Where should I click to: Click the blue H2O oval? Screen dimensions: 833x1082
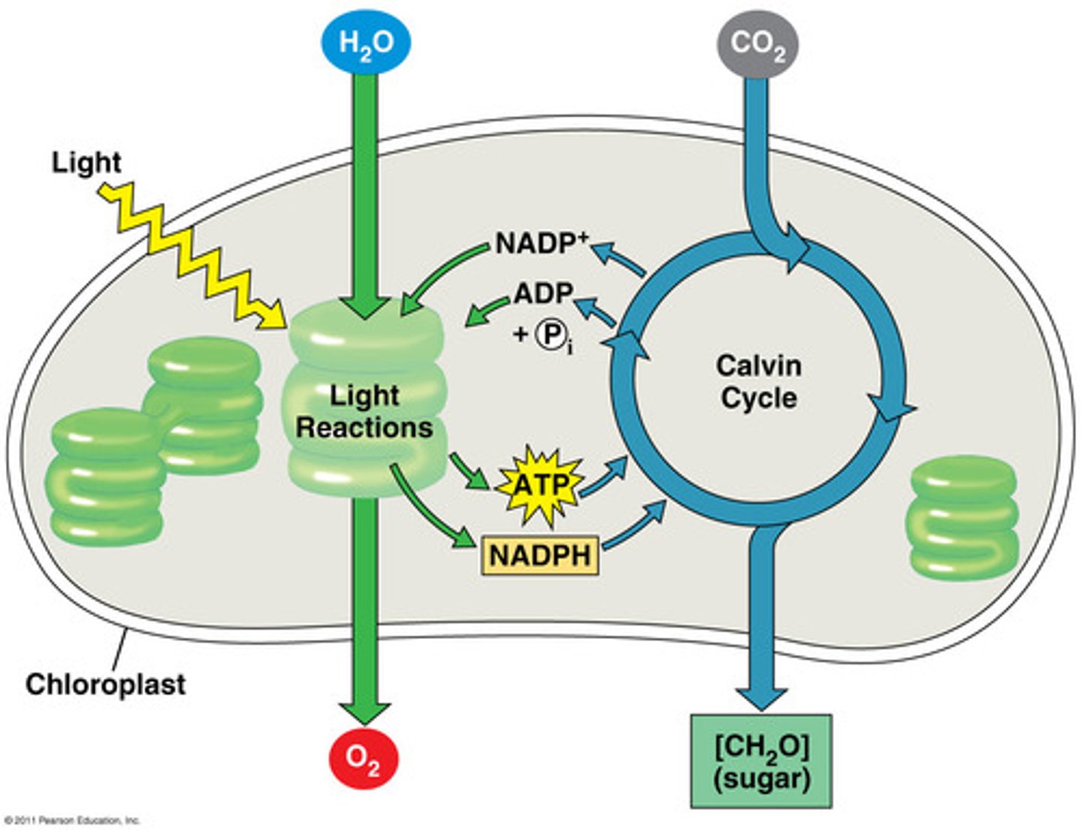point(365,42)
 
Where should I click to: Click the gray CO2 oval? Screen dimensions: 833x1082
point(757,44)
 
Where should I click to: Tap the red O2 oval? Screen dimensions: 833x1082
point(364,759)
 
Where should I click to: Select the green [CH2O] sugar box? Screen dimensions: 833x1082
point(761,761)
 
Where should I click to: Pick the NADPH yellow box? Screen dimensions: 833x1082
point(539,556)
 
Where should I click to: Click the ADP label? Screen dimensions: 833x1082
point(543,293)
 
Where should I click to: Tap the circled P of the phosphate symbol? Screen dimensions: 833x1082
point(550,335)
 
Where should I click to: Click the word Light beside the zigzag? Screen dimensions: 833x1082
point(86,162)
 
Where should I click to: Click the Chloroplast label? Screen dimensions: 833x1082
point(105,684)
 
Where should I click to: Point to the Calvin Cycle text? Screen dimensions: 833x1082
point(758,381)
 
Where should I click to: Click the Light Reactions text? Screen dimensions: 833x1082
point(364,411)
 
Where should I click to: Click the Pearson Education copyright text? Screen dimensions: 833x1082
point(72,820)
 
